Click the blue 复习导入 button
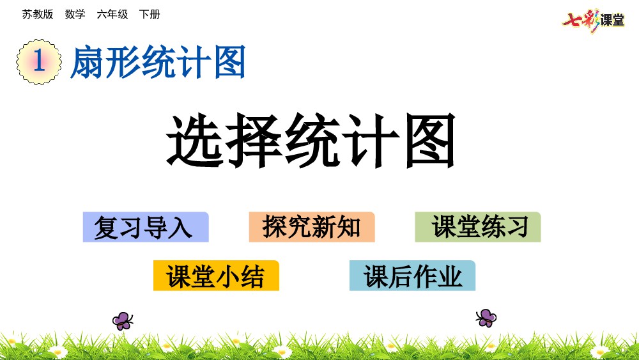tap(146, 227)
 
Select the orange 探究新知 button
tap(312, 227)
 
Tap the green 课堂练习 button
tap(477, 227)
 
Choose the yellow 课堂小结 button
tap(216, 276)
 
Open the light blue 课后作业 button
tap(412, 276)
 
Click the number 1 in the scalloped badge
tap(39, 61)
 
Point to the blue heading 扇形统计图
tap(158, 62)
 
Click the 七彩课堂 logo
tap(593, 20)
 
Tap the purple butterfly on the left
tap(123, 321)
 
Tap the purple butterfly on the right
tap(486, 318)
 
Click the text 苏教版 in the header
tap(38, 14)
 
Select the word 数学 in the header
tap(75, 14)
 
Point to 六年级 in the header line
tap(112, 14)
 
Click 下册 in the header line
tap(150, 14)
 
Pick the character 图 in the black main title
tap(431, 140)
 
